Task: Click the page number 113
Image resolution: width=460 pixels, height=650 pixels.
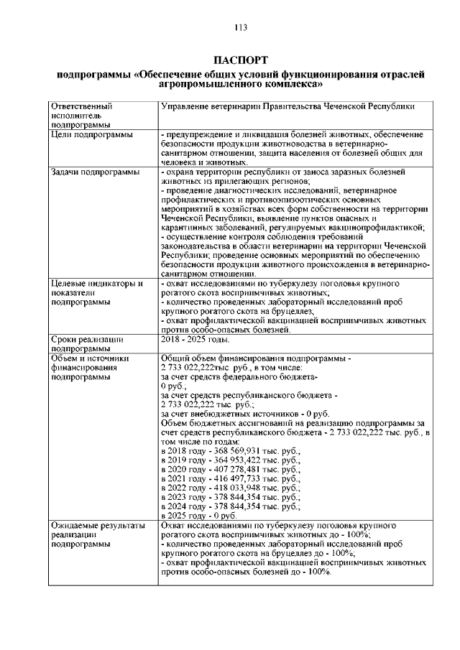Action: pos(241,27)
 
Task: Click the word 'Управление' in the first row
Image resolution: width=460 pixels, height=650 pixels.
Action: pos(188,106)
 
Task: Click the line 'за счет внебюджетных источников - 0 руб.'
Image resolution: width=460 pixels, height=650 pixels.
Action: pos(244,413)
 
